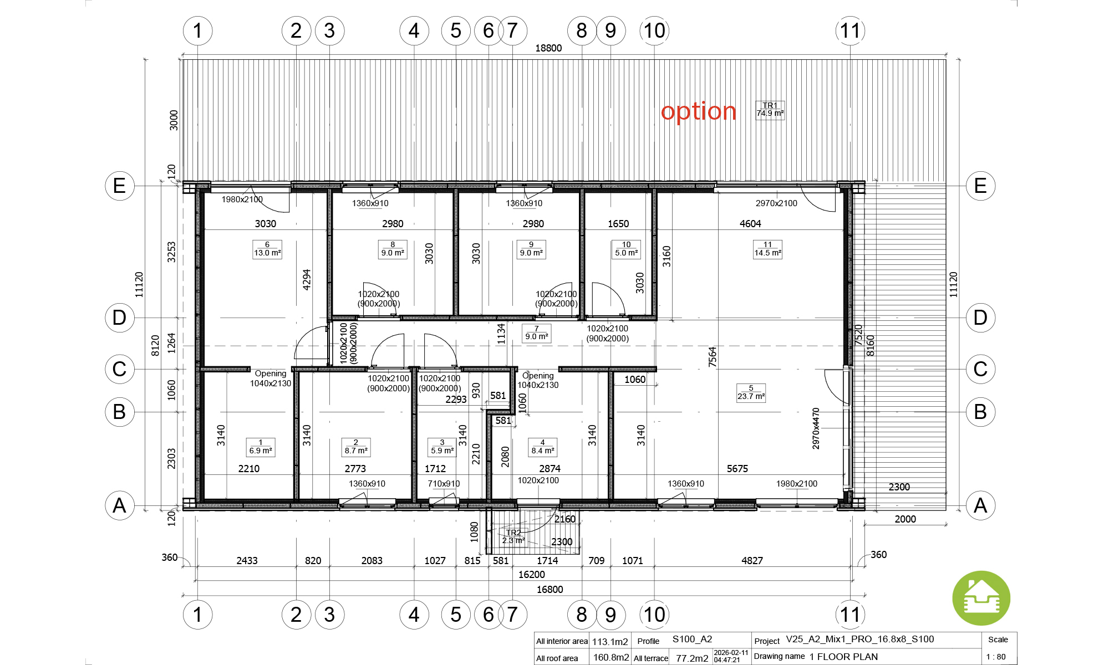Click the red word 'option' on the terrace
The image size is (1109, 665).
pyautogui.click(x=699, y=112)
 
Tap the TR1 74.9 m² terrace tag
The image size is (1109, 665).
pyautogui.click(x=770, y=110)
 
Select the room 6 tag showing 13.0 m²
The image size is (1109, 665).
pyautogui.click(x=267, y=249)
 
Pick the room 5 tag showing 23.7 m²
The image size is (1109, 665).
pyautogui.click(x=751, y=392)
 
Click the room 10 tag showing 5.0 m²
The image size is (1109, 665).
pyautogui.click(x=627, y=249)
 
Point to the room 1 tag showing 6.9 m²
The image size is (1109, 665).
pyautogui.click(x=261, y=447)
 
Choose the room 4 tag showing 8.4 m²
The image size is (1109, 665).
pyautogui.click(x=542, y=447)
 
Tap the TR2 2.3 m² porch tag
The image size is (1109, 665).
pyautogui.click(x=513, y=536)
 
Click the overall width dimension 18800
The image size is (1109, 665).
pyautogui.click(x=548, y=48)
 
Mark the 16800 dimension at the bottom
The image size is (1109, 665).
pyautogui.click(x=550, y=590)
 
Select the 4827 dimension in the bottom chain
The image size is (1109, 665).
pyautogui.click(x=752, y=561)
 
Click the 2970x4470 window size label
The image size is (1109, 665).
pyautogui.click(x=816, y=428)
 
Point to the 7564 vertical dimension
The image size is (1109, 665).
pyautogui.click(x=713, y=357)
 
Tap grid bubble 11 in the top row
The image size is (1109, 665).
pyautogui.click(x=850, y=30)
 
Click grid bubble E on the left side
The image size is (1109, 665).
pyautogui.click(x=120, y=185)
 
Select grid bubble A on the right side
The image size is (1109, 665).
pyautogui.click(x=980, y=505)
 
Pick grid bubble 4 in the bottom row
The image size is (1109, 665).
pyautogui.click(x=414, y=615)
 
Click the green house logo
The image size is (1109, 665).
pyautogui.click(x=981, y=598)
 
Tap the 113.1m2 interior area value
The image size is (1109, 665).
pyautogui.click(x=610, y=642)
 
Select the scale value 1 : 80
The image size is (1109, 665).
pyautogui.click(x=996, y=657)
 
